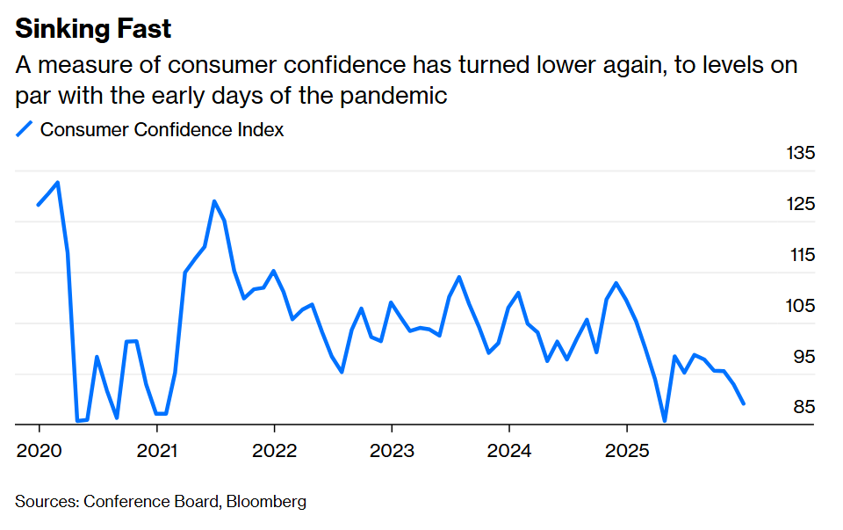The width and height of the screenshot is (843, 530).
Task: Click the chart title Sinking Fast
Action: point(94,28)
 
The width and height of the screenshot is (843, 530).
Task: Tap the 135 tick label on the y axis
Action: point(800,154)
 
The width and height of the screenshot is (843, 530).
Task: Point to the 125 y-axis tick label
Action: point(800,205)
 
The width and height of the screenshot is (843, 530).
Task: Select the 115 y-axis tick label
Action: point(800,256)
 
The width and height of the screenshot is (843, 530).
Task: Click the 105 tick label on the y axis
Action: point(800,306)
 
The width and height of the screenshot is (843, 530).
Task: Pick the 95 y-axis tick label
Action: point(803,357)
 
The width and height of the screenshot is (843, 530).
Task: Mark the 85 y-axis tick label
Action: point(803,407)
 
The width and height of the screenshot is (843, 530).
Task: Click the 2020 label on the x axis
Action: point(40,452)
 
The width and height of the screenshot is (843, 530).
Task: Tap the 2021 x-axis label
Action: point(156,452)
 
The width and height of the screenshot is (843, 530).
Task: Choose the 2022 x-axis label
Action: point(274,452)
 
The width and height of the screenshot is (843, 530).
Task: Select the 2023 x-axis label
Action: point(392,452)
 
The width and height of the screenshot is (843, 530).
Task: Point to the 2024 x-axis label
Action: point(509,452)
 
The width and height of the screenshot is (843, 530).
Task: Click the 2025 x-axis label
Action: point(627,452)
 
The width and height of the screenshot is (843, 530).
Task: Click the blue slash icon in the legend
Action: point(25,129)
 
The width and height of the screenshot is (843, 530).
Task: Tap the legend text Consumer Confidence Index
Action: point(162,129)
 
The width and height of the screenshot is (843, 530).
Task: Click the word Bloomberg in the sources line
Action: point(267,502)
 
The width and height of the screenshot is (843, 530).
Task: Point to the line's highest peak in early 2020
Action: point(58,183)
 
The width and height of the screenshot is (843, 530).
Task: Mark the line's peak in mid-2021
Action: point(213,201)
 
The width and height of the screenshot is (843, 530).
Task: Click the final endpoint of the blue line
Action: point(744,403)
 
